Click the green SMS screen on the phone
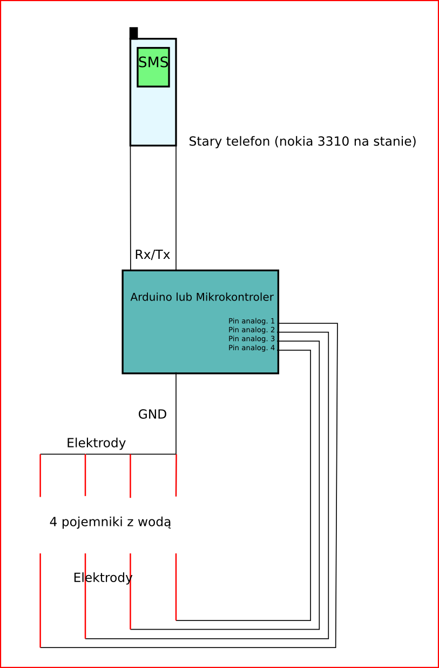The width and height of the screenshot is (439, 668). pos(153,67)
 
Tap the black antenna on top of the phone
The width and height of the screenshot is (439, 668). pos(133,33)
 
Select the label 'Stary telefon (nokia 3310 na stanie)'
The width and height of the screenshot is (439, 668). pos(302,142)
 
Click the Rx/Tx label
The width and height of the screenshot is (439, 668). pos(152,255)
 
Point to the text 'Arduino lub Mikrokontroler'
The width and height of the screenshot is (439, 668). pos(202,297)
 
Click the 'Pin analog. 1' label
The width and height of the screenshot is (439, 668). pos(252,321)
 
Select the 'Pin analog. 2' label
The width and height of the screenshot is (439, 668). pos(252,330)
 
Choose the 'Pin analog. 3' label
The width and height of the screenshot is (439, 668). pos(252,339)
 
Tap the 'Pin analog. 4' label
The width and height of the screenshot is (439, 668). pos(252,348)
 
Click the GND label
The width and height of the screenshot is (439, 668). pos(152,415)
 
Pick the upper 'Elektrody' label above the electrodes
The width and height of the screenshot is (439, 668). pos(96,443)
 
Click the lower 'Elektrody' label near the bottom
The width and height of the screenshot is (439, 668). pos(103,578)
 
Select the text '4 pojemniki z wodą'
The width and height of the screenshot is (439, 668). pos(110,522)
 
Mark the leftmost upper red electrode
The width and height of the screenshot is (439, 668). pos(40,475)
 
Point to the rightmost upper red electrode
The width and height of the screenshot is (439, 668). pos(176,475)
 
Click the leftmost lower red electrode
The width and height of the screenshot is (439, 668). pos(40,600)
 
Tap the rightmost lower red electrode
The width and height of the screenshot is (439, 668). pos(176,586)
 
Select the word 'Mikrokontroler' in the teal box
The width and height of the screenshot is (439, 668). pos(235,297)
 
